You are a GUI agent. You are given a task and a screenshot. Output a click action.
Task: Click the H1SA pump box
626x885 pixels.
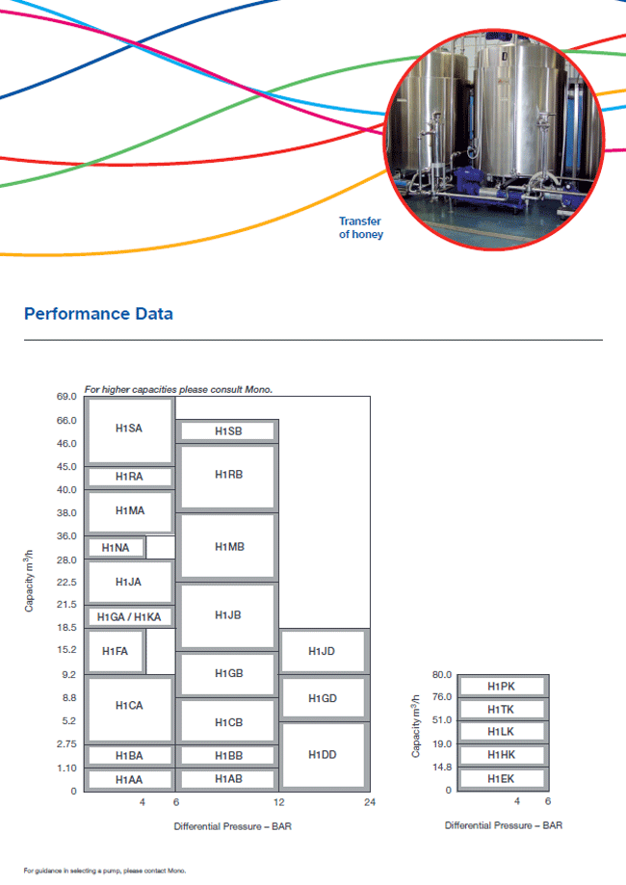pos(129,429)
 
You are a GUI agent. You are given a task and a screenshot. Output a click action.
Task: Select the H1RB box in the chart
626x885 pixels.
pos(228,476)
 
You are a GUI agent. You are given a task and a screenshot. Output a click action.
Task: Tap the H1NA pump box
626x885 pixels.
pos(117,548)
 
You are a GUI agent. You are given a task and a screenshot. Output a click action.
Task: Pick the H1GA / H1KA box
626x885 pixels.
pos(129,616)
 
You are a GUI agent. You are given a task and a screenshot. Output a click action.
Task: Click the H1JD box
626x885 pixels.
pos(323,652)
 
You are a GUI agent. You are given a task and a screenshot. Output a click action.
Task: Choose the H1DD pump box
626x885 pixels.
pos(323,755)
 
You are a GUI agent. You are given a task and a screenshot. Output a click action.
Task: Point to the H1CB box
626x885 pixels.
pos(228,721)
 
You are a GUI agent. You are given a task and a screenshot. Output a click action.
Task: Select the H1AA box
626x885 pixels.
pos(129,779)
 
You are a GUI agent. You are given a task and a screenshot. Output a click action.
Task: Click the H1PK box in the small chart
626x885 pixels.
pos(501,687)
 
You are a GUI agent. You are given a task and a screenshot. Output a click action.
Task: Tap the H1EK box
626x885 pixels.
pos(501,778)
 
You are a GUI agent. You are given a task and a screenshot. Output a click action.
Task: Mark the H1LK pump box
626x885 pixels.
pos(501,732)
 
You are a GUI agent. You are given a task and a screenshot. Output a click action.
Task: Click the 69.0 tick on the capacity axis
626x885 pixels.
pos(65,397)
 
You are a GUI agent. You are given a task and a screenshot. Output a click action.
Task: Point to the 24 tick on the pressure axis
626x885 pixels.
pos(369,802)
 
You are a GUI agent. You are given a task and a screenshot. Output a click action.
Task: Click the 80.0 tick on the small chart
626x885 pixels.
pos(441,674)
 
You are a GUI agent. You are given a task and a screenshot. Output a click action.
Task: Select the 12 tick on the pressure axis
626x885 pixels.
pos(278,802)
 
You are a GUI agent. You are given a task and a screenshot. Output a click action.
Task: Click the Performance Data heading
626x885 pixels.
pos(98,314)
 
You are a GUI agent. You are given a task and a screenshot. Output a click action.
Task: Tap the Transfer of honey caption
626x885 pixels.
pos(360,228)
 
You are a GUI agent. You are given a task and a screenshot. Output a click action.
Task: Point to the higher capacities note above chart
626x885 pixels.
pos(179,389)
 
